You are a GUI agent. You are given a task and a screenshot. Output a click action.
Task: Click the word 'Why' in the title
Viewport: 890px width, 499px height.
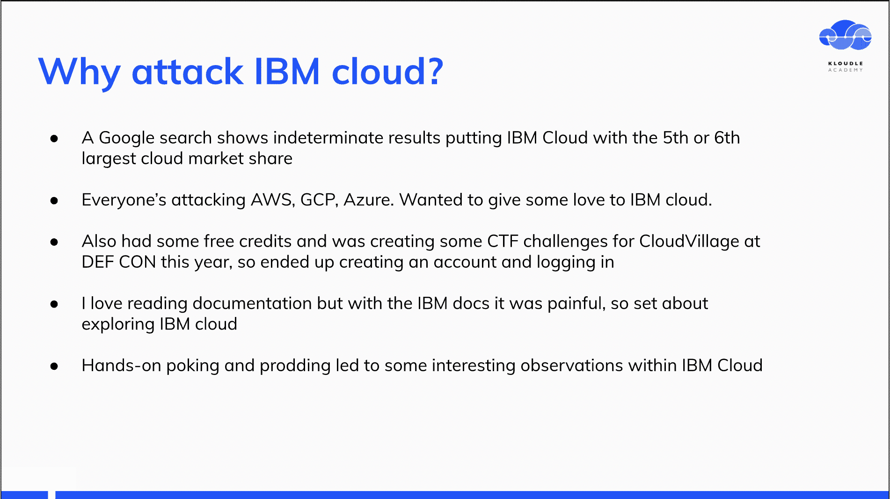click(80, 73)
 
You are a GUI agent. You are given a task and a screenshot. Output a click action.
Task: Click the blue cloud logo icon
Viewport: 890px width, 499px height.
click(845, 35)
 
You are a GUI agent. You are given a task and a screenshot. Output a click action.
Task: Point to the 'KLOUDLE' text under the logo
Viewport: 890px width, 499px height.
click(846, 63)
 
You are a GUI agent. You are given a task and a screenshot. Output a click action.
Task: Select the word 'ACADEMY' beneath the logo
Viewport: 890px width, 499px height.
click(846, 70)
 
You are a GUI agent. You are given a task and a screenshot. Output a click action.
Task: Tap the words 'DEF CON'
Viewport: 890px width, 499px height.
click(119, 262)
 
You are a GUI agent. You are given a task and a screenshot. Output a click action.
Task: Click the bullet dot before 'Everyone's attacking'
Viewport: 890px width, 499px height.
click(54, 201)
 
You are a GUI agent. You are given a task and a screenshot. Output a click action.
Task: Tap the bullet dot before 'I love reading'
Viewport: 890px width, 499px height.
click(54, 304)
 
